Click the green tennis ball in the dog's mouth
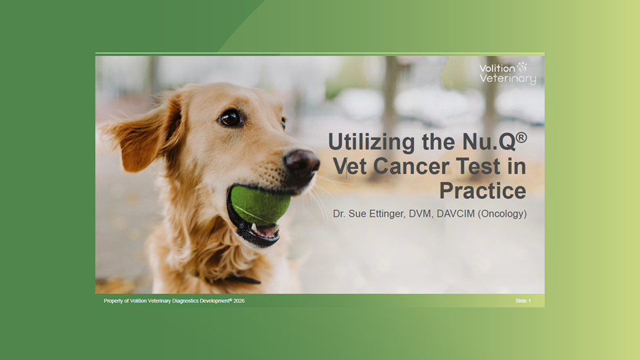point(260,205)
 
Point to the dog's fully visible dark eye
point(231,118)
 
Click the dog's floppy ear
point(145,131)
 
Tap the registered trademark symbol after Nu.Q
point(521,137)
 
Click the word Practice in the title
point(483,191)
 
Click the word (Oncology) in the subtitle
point(502,214)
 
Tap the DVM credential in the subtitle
point(420,213)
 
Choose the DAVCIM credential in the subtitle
point(455,213)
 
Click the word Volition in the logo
point(497,68)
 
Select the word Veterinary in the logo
point(508,79)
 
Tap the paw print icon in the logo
point(522,67)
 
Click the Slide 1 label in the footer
point(523,301)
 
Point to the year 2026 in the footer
point(239,301)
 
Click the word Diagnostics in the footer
point(185,301)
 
